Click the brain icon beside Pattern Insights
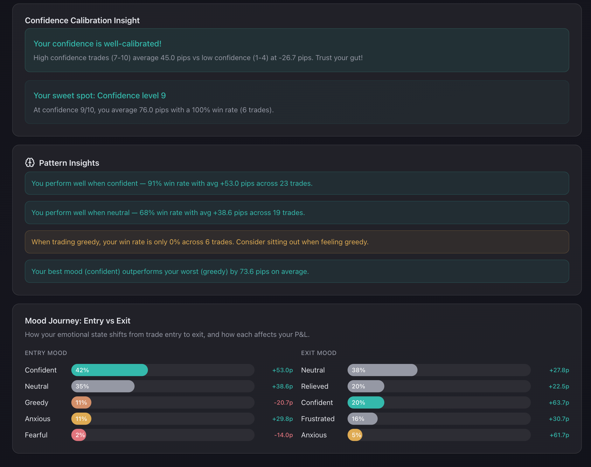pyautogui.click(x=30, y=163)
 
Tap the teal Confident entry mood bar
pyautogui.click(x=109, y=370)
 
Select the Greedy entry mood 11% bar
pyautogui.click(x=81, y=402)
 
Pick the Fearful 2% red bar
pyautogui.click(x=79, y=435)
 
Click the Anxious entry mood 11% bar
pyautogui.click(x=81, y=419)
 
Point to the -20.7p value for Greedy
pyautogui.click(x=283, y=402)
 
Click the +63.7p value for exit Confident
pyautogui.click(x=559, y=402)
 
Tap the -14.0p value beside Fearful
pyautogui.click(x=283, y=435)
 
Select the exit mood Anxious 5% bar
pyautogui.click(x=355, y=435)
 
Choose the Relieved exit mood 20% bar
pyautogui.click(x=366, y=386)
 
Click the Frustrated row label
pyautogui.click(x=318, y=419)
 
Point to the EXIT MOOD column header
pyautogui.click(x=319, y=353)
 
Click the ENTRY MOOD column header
pyautogui.click(x=46, y=353)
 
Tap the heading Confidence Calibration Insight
pyautogui.click(x=82, y=20)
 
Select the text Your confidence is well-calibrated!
pyautogui.click(x=97, y=44)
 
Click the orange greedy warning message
pyautogui.click(x=200, y=242)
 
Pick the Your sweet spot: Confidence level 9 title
pyautogui.click(x=100, y=95)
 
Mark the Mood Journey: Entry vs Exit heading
pyautogui.click(x=78, y=321)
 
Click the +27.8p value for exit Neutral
pyautogui.click(x=559, y=370)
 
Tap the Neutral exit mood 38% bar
pyautogui.click(x=382, y=370)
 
